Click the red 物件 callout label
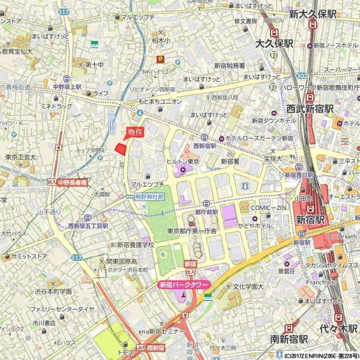[x=135, y=133]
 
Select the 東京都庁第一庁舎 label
[x=192, y=231]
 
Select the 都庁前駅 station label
[x=207, y=212]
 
